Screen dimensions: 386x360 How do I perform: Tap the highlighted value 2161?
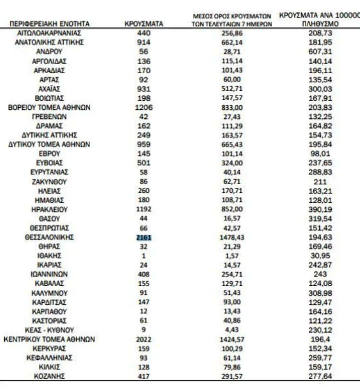[x=144, y=237]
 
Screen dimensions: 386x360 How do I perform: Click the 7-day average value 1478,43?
[x=235, y=237]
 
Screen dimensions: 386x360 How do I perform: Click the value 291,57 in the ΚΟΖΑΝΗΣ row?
[x=235, y=376]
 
